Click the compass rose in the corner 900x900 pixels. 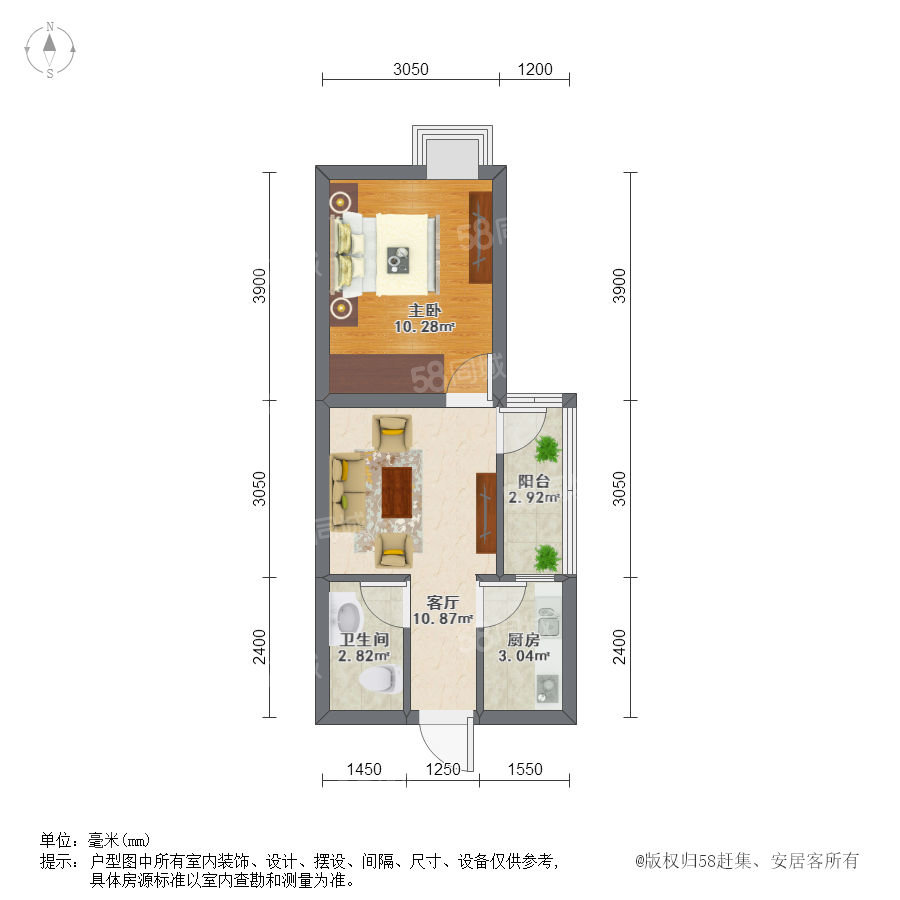pyautogui.click(x=50, y=50)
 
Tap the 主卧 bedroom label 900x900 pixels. pyautogui.click(x=424, y=311)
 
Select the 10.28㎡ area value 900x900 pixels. pyautogui.click(x=424, y=327)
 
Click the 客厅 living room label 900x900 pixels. pyautogui.click(x=443, y=603)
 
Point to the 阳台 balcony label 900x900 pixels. pyautogui.click(x=534, y=481)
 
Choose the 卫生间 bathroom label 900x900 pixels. pyautogui.click(x=364, y=639)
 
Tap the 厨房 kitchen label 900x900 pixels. pyautogui.click(x=523, y=639)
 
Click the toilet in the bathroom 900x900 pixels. pyautogui.click(x=379, y=678)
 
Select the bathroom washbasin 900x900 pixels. pyautogui.click(x=347, y=618)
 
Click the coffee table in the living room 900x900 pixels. pyautogui.click(x=397, y=491)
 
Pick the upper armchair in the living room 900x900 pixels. pyautogui.click(x=392, y=432)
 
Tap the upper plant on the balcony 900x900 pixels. pyautogui.click(x=548, y=449)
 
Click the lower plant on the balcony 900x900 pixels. pyautogui.click(x=547, y=558)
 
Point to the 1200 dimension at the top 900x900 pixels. pyautogui.click(x=535, y=69)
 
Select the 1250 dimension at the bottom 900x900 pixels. pyautogui.click(x=443, y=769)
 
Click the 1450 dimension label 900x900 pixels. pyautogui.click(x=364, y=769)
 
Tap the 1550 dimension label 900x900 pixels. pyautogui.click(x=525, y=769)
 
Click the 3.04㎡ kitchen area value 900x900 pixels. pyautogui.click(x=523, y=655)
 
